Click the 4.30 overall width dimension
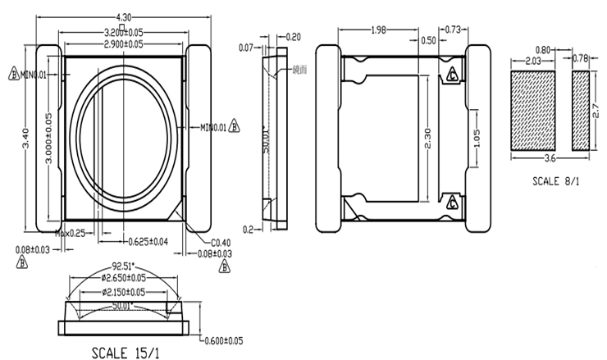pos(124,16)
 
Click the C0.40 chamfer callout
pos(220,242)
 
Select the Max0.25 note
pos(71,234)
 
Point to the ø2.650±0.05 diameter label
pos(125,278)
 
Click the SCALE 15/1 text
pos(125,353)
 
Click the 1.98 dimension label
pos(378,30)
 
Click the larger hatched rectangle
pos(535,109)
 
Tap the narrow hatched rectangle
pos(581,109)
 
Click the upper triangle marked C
pos(451,76)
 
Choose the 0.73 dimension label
pos(452,30)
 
